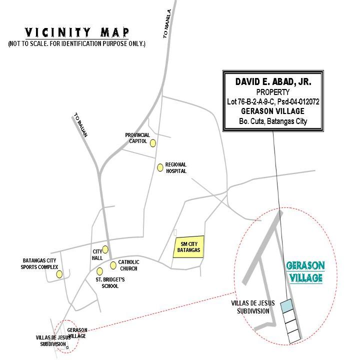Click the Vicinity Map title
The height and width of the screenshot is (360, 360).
click(x=77, y=32)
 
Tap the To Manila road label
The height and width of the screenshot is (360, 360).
click(x=167, y=23)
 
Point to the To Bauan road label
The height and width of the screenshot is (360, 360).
click(x=81, y=125)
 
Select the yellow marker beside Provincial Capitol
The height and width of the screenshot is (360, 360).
click(x=153, y=143)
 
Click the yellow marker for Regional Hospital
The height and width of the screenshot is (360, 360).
click(x=160, y=167)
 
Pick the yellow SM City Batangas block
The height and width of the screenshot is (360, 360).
click(x=188, y=247)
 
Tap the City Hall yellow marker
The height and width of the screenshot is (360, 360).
click(x=105, y=249)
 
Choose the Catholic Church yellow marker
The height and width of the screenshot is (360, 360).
click(x=113, y=265)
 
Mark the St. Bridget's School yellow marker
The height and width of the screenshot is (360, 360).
click(x=99, y=271)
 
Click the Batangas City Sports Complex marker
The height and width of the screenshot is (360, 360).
click(x=59, y=274)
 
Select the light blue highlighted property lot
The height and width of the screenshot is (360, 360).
click(x=287, y=306)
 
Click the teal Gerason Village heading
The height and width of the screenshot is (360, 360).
click(x=305, y=271)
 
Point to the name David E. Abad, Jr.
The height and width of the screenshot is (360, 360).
click(x=273, y=81)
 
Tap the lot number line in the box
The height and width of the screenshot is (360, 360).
click(x=273, y=101)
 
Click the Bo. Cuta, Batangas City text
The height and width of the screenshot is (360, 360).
click(x=273, y=121)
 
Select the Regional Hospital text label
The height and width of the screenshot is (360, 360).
click(x=176, y=168)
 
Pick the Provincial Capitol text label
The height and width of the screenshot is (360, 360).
click(x=137, y=138)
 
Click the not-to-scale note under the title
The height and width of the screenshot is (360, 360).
click(x=77, y=43)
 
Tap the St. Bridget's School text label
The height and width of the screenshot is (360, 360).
click(x=110, y=283)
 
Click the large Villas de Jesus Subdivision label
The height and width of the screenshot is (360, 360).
click(x=253, y=307)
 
